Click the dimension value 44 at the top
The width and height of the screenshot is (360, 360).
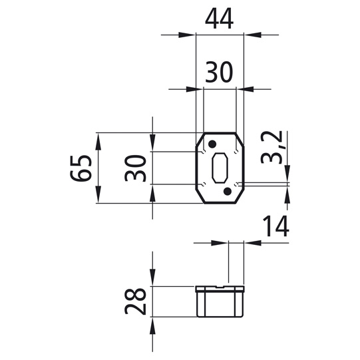tap(219, 21)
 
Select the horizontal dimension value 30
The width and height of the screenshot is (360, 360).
tap(219, 72)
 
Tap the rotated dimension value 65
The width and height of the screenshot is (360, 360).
tap(79, 168)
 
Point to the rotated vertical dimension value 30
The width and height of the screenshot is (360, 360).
tap(134, 168)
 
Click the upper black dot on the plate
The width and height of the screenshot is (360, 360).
tap(212, 144)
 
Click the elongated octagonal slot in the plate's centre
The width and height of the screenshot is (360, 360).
tap(220, 168)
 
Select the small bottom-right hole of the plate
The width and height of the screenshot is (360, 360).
tap(238, 183)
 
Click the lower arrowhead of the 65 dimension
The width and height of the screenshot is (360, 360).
tap(98, 198)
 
